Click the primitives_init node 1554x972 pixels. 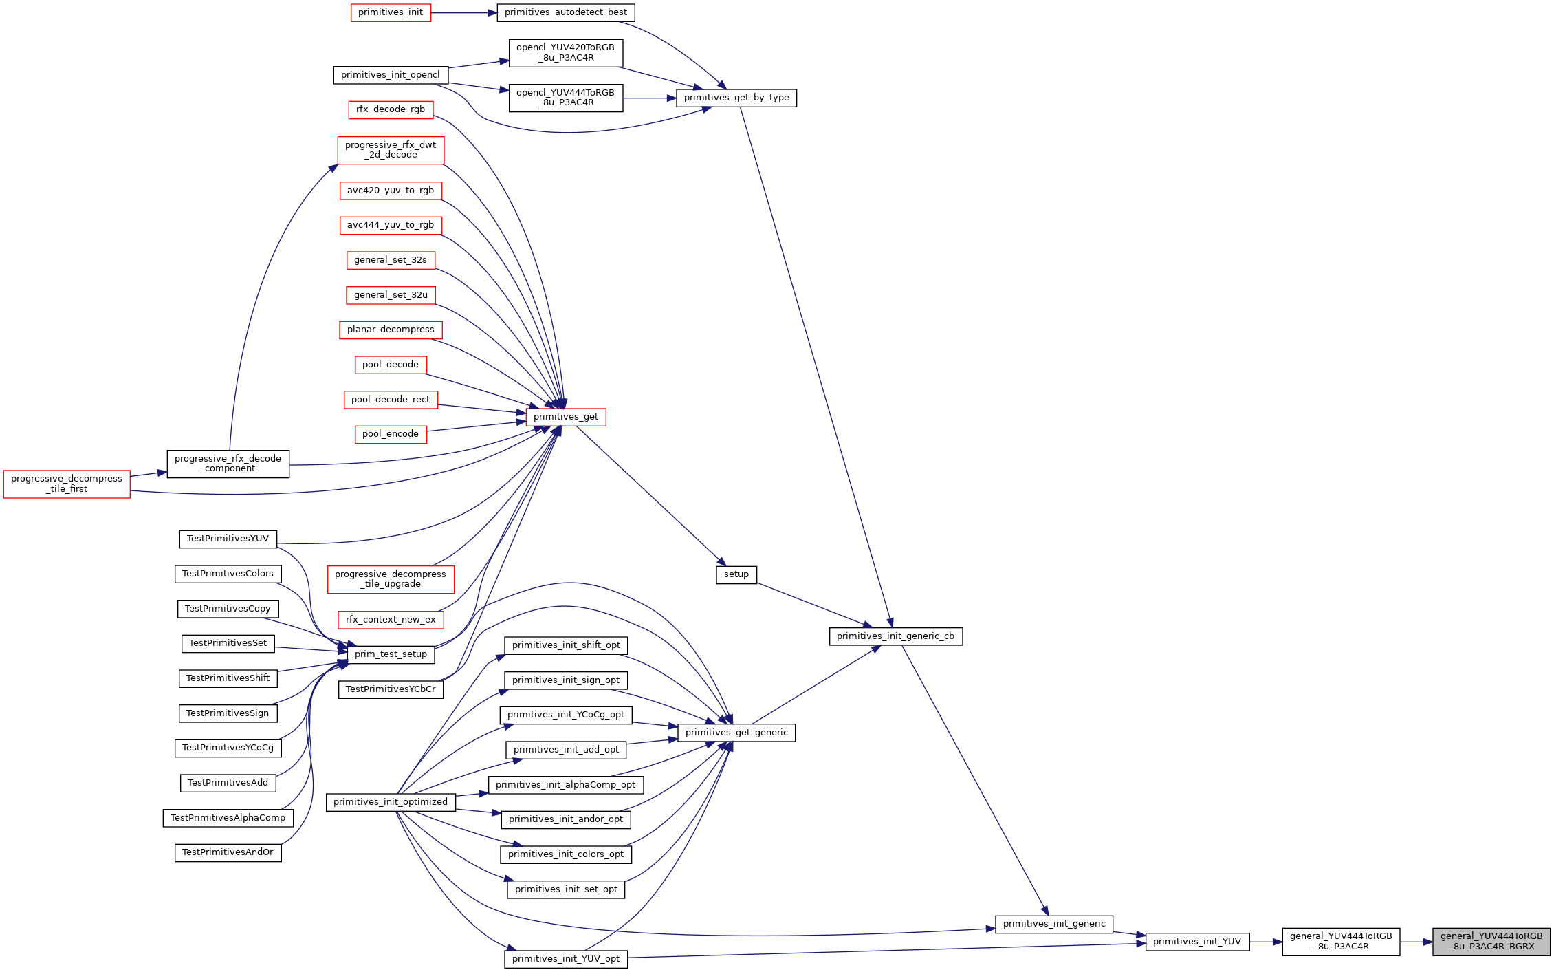pos(391,12)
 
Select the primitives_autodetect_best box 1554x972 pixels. pos(566,12)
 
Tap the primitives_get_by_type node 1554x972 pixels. pos(736,98)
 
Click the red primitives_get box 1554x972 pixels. pos(566,417)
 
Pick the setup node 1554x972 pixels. pos(736,574)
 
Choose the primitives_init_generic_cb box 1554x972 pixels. pos(896,636)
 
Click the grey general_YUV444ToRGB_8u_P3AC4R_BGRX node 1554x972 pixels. pos(1491,941)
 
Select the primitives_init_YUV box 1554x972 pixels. pos(1197,942)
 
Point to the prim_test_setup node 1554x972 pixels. pos(391,654)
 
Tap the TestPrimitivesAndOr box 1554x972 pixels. pos(228,852)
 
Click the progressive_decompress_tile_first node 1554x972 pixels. pos(67,484)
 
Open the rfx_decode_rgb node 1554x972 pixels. pos(391,109)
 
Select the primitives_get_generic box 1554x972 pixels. pos(736,733)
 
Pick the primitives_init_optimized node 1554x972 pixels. pos(391,802)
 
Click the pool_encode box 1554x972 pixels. pos(391,434)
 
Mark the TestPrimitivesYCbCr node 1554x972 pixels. pos(391,689)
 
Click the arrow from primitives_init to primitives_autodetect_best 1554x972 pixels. pos(464,13)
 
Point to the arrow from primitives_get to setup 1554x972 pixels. pos(651,496)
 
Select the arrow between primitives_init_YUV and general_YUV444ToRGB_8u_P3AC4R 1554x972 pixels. pos(1266,942)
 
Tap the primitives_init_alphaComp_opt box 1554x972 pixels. pos(566,785)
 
